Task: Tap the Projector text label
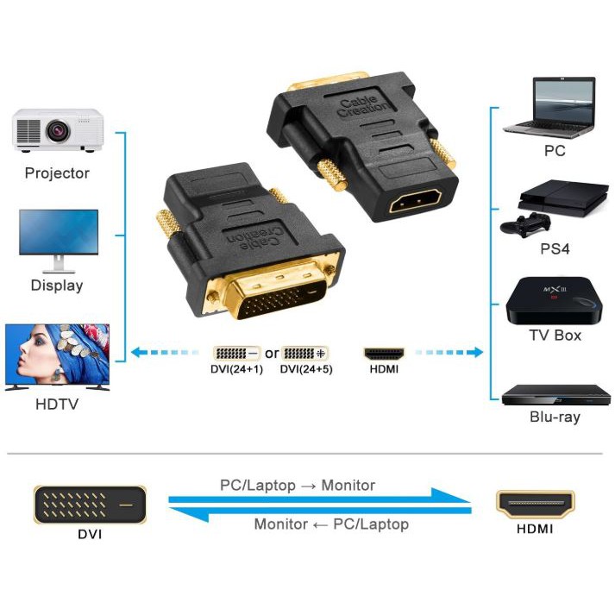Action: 57,173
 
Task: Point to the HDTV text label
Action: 57,403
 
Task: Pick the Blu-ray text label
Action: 555,417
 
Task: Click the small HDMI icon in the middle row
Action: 384,354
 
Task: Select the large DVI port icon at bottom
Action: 90,504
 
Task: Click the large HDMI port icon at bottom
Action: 535,504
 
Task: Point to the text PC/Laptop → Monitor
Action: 298,486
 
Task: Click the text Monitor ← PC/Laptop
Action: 331,524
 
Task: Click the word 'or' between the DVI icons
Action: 272,354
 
